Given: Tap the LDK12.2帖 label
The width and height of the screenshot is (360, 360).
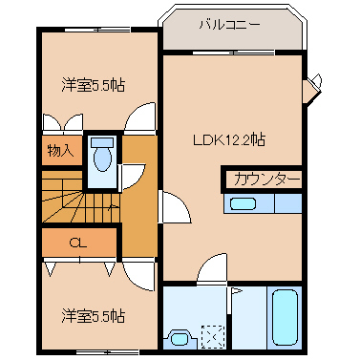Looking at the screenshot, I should (230, 139).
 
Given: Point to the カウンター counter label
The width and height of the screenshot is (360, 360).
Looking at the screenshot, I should (265, 179).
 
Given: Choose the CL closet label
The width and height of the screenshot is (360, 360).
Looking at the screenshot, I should (78, 243).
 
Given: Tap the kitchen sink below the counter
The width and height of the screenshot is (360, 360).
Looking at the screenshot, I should (244, 202).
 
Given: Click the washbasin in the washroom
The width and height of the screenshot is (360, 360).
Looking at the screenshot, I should (179, 337).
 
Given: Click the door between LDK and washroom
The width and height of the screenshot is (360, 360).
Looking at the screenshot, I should (216, 270).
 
